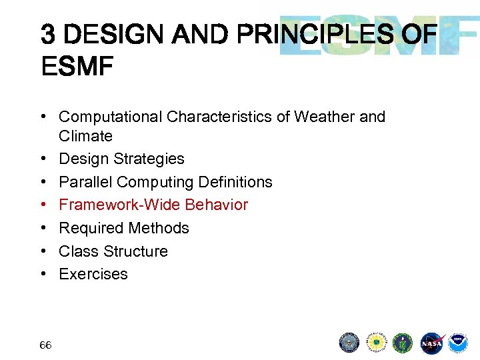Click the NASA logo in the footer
pyautogui.click(x=431, y=343)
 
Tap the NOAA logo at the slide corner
pyautogui.click(x=458, y=343)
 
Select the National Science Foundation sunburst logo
pyautogui.click(x=376, y=343)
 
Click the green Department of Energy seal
pyautogui.click(x=403, y=343)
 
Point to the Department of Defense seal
pyautogui.click(x=349, y=343)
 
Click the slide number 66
pyautogui.click(x=45, y=345)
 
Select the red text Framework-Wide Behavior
pyautogui.click(x=153, y=205)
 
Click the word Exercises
pyautogui.click(x=93, y=274)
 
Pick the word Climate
pyautogui.click(x=85, y=136)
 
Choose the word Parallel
pyautogui.click(x=83, y=182)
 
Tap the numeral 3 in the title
pyautogui.click(x=48, y=33)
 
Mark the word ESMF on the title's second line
pyautogui.click(x=77, y=66)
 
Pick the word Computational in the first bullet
pyautogui.click(x=111, y=117)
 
